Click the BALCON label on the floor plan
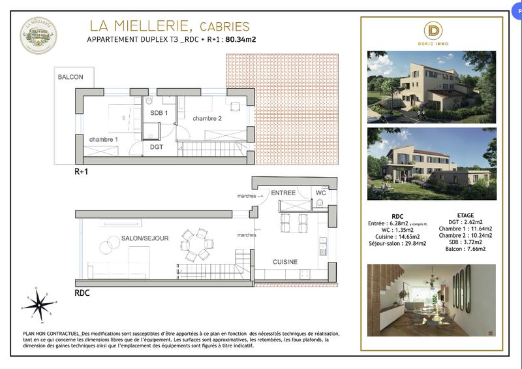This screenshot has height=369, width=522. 70,77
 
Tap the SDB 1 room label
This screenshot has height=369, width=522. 159,113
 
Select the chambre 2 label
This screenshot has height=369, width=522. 207,118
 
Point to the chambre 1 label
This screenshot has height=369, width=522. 104,140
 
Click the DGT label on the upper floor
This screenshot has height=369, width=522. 157,147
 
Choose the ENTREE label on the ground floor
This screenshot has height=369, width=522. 283,193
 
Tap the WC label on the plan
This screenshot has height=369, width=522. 320,193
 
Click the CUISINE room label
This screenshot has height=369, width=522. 285,262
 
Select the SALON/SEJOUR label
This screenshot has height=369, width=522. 145,239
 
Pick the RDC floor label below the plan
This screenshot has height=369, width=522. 82,293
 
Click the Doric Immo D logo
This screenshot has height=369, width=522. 433,31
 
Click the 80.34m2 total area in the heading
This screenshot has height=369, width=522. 241,40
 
